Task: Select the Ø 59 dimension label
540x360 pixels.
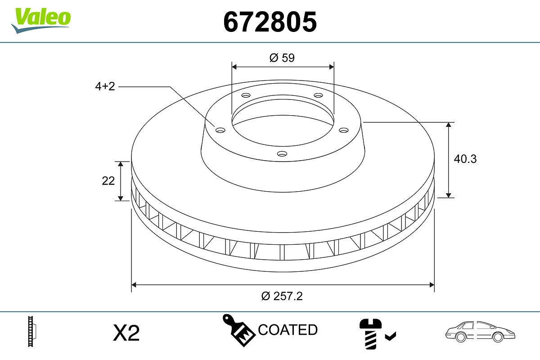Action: (282, 58)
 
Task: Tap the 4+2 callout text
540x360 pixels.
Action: (105, 86)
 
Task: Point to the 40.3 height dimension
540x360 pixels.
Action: (465, 158)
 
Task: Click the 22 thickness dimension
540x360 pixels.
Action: (108, 180)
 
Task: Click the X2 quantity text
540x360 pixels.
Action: (126, 333)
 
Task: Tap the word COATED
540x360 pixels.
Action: (288, 330)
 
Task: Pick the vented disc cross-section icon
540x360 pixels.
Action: (32, 332)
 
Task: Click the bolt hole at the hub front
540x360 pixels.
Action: (282, 154)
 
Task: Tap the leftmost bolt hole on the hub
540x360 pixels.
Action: (220, 130)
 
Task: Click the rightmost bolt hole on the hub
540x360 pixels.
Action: (344, 130)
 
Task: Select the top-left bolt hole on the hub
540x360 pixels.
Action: (246, 95)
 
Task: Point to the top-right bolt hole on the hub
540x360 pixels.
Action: (318, 95)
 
